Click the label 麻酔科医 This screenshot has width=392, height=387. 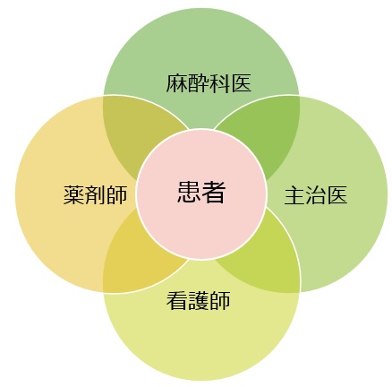pyautogui.click(x=209, y=83)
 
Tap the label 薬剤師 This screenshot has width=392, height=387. pyautogui.click(x=95, y=195)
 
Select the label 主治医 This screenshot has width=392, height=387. pyautogui.click(x=316, y=195)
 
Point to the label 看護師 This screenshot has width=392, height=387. pyautogui.click(x=199, y=300)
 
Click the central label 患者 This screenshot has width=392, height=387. pyautogui.click(x=201, y=193)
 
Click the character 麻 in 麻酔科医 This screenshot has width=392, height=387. pyautogui.click(x=176, y=83)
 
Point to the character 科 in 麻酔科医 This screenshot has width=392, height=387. pyautogui.click(x=219, y=83)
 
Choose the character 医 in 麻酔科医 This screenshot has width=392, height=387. pyautogui.click(x=241, y=83)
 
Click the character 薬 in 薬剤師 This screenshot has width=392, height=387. pyautogui.click(x=73, y=195)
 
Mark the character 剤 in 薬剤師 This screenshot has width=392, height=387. pyautogui.click(x=95, y=195)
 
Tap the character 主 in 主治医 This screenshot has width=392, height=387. pyautogui.click(x=294, y=195)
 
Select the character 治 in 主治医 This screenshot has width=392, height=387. pyautogui.click(x=316, y=195)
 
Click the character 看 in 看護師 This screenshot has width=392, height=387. pyautogui.click(x=177, y=300)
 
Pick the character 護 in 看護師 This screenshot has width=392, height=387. pyautogui.click(x=199, y=300)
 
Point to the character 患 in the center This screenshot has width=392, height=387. pyautogui.click(x=189, y=193)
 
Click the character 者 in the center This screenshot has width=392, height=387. pyautogui.click(x=214, y=193)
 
